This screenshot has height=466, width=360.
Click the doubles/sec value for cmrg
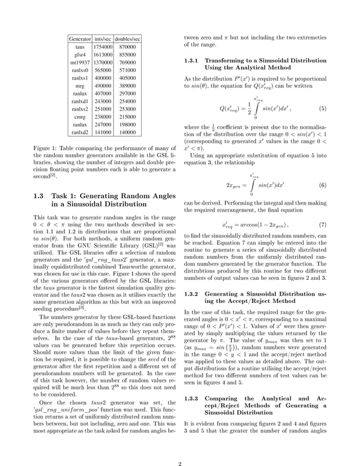pos(128,116)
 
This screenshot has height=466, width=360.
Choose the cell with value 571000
pos(128,70)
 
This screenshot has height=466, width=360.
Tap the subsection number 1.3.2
pos(192,294)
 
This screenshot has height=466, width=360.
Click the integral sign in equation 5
pos(256,108)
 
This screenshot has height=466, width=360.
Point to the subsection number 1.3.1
pos(192,60)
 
